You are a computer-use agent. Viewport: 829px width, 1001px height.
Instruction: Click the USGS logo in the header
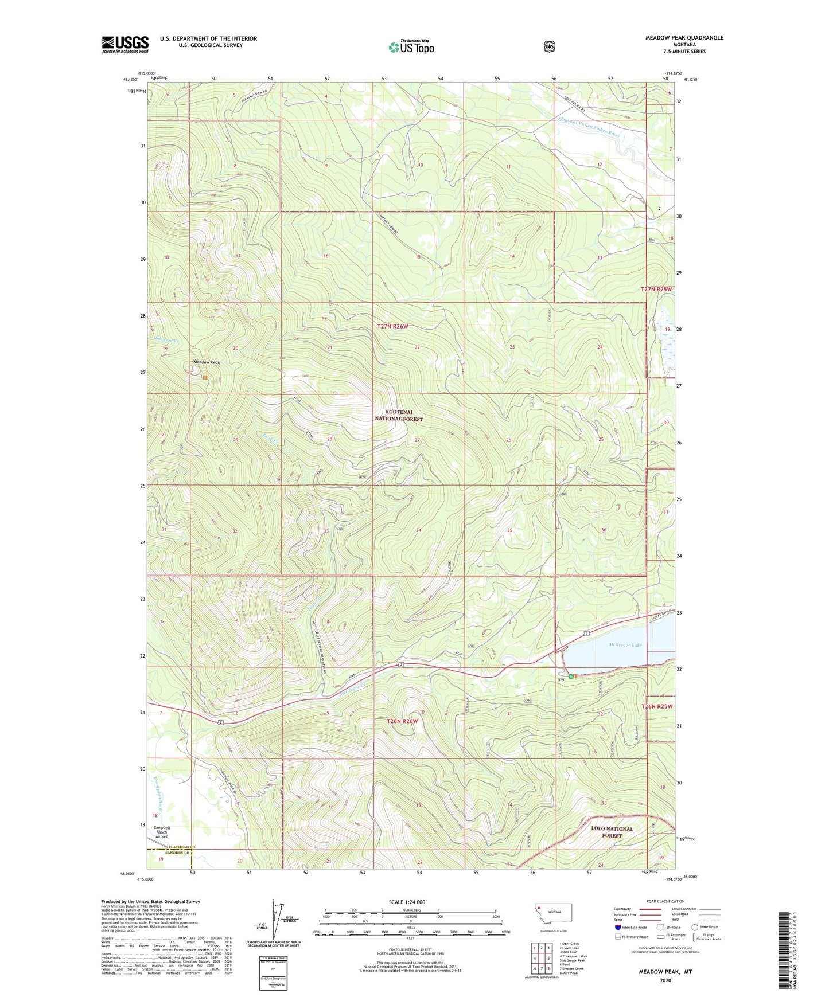[x=125, y=44]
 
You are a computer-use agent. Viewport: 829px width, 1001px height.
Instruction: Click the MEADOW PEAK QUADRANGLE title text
[x=684, y=38]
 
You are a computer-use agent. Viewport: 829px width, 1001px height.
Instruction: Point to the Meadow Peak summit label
[x=207, y=362]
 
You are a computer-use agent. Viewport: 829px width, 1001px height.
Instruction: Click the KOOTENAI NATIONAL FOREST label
[x=399, y=415]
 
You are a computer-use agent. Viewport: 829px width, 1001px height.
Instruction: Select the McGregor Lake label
[x=625, y=645]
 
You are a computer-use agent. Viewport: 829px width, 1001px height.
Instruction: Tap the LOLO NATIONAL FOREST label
[x=612, y=832]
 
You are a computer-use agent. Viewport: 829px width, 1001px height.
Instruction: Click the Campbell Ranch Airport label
[x=162, y=832]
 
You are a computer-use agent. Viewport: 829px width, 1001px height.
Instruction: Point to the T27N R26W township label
[x=393, y=326]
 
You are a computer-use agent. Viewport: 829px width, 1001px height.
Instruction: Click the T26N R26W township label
[x=402, y=721]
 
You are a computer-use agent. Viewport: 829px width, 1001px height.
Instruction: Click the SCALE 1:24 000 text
[x=407, y=902]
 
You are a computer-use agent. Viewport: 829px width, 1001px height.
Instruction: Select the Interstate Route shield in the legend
[x=618, y=926]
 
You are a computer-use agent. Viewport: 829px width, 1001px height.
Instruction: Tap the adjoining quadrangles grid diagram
[x=542, y=958]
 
